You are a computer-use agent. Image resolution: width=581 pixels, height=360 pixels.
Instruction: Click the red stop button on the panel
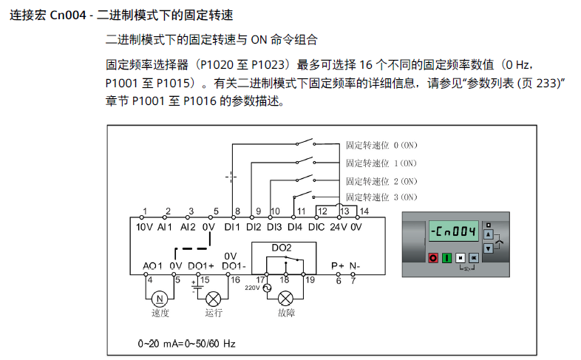433,257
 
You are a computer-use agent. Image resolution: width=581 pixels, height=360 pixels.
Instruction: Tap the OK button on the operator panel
474,257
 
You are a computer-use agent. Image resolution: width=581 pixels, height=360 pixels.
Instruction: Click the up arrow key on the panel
487,234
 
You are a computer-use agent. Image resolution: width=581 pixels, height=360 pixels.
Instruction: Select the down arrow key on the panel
487,247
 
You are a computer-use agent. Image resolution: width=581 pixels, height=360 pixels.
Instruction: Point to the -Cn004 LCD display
453,232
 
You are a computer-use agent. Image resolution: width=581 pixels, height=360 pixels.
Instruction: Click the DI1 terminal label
233,227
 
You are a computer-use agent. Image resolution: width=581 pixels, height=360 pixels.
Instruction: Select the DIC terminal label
316,227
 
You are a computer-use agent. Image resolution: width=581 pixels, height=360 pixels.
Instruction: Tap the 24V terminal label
339,227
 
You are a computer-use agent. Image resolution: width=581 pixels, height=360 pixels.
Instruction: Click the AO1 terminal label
152,265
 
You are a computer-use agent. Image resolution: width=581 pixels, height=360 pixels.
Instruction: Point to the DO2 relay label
282,248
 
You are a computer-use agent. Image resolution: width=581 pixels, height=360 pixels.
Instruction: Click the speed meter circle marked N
159,299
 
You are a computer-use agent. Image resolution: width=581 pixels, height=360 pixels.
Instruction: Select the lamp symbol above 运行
214,299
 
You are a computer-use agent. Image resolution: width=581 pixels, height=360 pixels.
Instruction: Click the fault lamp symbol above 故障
285,299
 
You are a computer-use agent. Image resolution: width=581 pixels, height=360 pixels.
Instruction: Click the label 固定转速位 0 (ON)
381,145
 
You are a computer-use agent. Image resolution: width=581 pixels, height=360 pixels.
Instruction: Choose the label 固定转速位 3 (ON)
381,197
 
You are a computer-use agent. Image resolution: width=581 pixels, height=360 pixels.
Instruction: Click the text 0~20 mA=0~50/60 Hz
186,344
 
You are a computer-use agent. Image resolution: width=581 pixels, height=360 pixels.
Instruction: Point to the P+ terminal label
338,265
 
